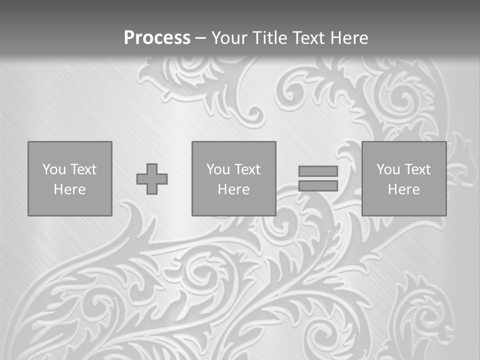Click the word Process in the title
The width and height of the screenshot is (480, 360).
[x=157, y=38]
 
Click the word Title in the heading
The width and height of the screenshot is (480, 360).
[x=270, y=38]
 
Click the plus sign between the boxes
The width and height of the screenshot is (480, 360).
[x=152, y=179]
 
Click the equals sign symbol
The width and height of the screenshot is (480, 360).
[x=318, y=178]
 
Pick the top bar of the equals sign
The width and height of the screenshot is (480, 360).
[x=318, y=171]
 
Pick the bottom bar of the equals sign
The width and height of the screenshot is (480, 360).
[x=318, y=186]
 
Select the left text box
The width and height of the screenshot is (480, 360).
[x=69, y=178]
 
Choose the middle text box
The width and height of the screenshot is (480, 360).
[x=233, y=178]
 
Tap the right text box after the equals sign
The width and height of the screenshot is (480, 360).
[x=403, y=178]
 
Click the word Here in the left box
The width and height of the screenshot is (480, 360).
[x=69, y=189]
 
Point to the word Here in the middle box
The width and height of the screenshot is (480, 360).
[x=233, y=189]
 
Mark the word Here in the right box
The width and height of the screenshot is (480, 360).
[x=403, y=189]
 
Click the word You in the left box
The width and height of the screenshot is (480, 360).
[x=53, y=169]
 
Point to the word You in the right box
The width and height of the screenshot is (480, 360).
[x=387, y=169]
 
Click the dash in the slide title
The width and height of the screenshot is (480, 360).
[x=200, y=38]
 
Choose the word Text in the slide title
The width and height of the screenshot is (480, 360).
[x=307, y=38]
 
